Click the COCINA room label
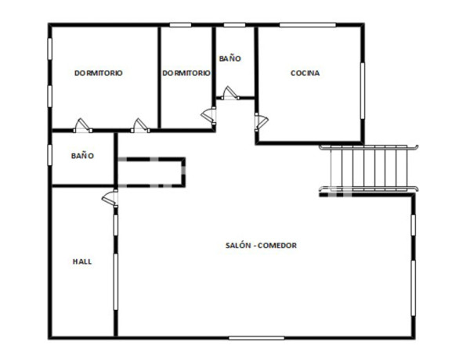[x=305, y=74]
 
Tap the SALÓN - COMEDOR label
[x=262, y=246]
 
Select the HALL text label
[x=81, y=261]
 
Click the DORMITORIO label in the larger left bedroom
[x=98, y=73]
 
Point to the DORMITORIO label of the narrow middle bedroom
[x=186, y=73]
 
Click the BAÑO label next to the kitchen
[x=230, y=59]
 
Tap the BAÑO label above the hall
[x=82, y=156]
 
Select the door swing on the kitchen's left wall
[x=261, y=121]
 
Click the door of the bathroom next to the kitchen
[x=230, y=94]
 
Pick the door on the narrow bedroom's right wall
[x=209, y=115]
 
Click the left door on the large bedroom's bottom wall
[x=81, y=124]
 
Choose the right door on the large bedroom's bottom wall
[x=140, y=124]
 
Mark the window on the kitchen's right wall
[x=363, y=89]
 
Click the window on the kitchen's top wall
[x=303, y=25]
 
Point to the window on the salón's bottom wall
[x=256, y=337]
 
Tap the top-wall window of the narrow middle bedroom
[x=181, y=25]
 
